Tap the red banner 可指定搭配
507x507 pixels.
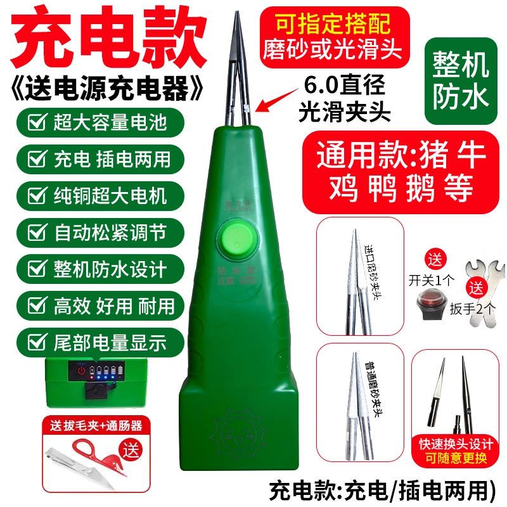(x=332, y=23)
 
